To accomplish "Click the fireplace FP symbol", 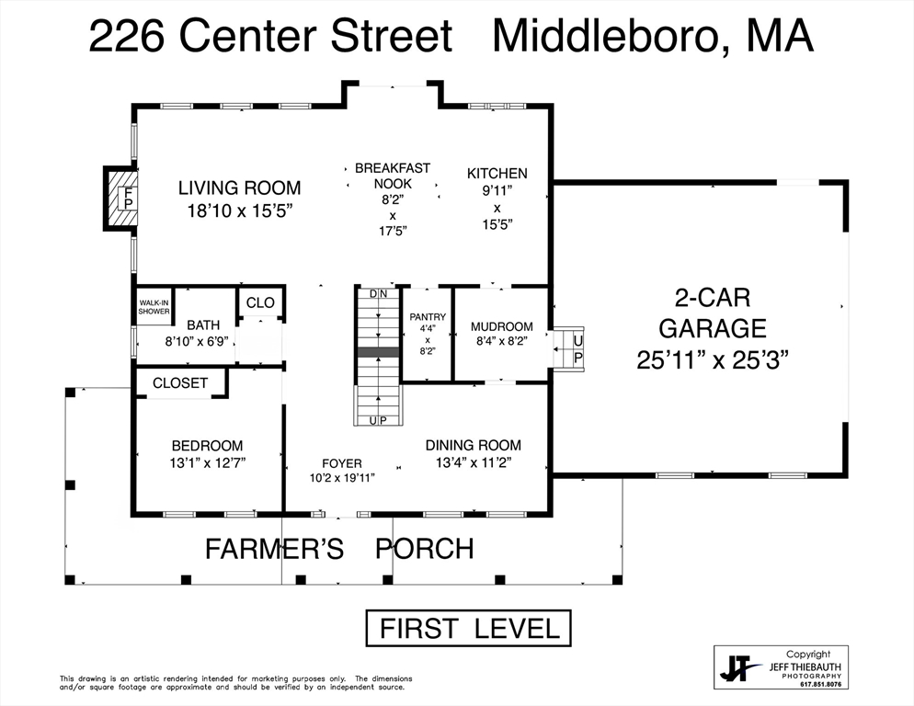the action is [x=129, y=198].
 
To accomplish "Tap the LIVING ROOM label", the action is [x=240, y=188].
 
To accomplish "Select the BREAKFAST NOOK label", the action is [x=393, y=176].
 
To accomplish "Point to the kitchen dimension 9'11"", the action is [x=497, y=190].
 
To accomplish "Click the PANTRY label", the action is [x=428, y=316].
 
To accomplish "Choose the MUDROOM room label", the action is [x=502, y=326].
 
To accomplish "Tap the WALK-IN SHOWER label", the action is [x=154, y=307].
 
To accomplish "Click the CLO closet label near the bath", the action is [x=260, y=302].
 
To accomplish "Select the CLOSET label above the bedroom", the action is [x=180, y=383].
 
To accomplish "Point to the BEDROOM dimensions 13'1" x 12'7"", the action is [x=208, y=463].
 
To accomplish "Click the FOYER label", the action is [x=342, y=463].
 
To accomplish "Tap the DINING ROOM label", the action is [x=474, y=446].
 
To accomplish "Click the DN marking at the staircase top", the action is [x=378, y=294].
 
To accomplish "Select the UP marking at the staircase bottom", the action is [x=378, y=420].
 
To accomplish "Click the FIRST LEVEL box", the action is [x=469, y=629].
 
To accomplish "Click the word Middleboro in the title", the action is [x=610, y=36].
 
